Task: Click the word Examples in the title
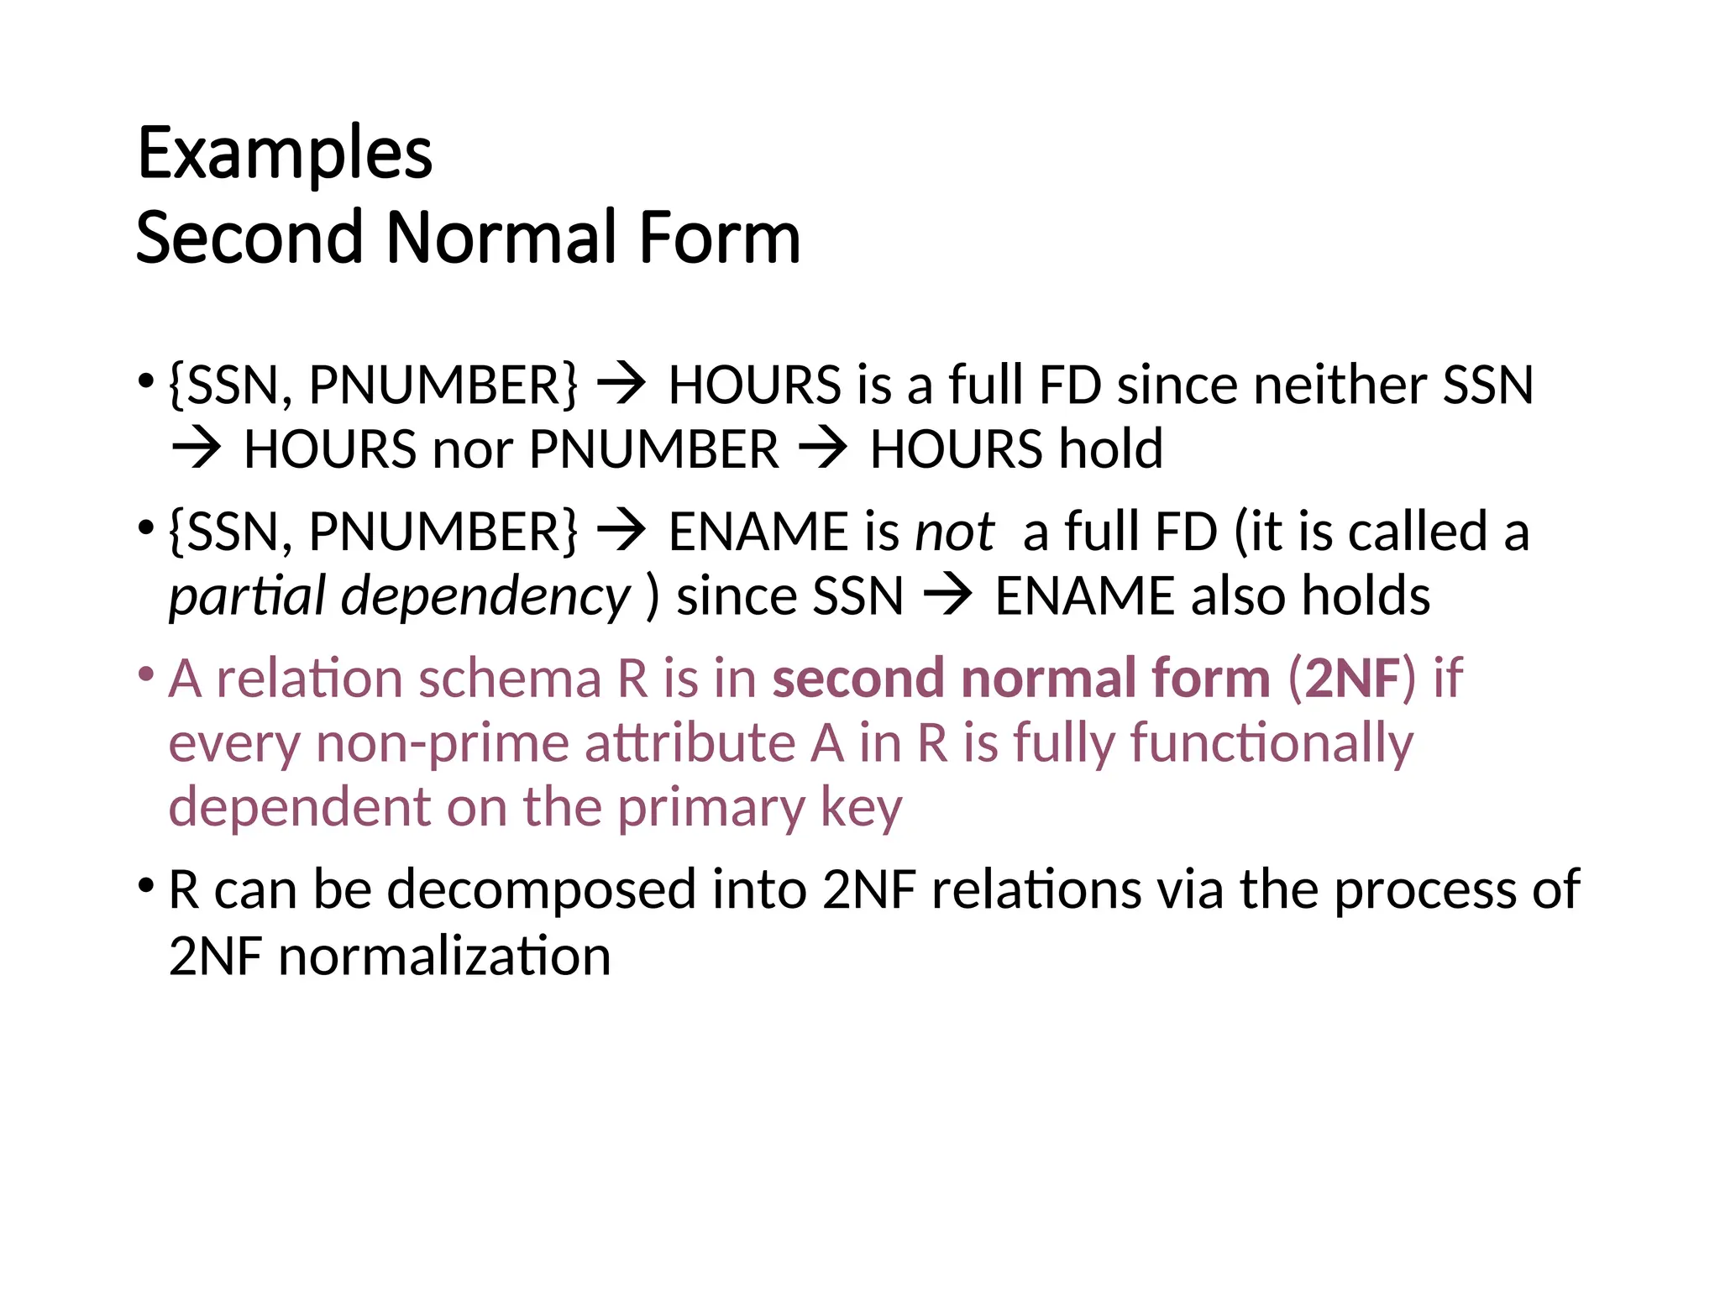(x=285, y=155)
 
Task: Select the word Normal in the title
(x=500, y=239)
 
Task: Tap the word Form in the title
(x=719, y=239)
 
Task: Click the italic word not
(x=954, y=532)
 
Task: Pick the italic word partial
(x=247, y=597)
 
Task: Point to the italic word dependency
(x=485, y=597)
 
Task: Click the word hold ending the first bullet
(x=1110, y=450)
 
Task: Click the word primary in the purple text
(x=711, y=809)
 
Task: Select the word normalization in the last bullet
(x=444, y=957)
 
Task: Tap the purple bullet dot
(x=146, y=674)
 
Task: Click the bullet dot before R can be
(x=146, y=885)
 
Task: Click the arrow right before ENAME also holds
(x=948, y=597)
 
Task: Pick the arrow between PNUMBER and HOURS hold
(x=823, y=450)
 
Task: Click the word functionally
(x=1272, y=744)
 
